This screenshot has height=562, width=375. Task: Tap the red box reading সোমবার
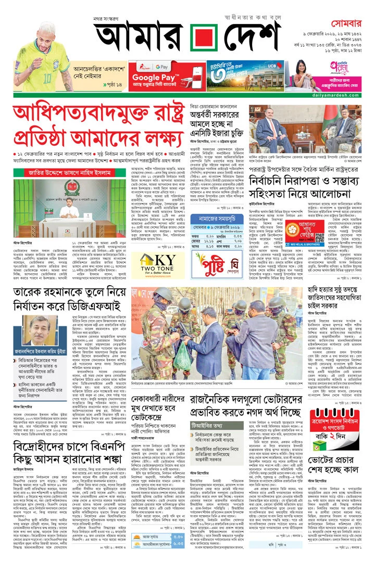pos(347,23)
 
